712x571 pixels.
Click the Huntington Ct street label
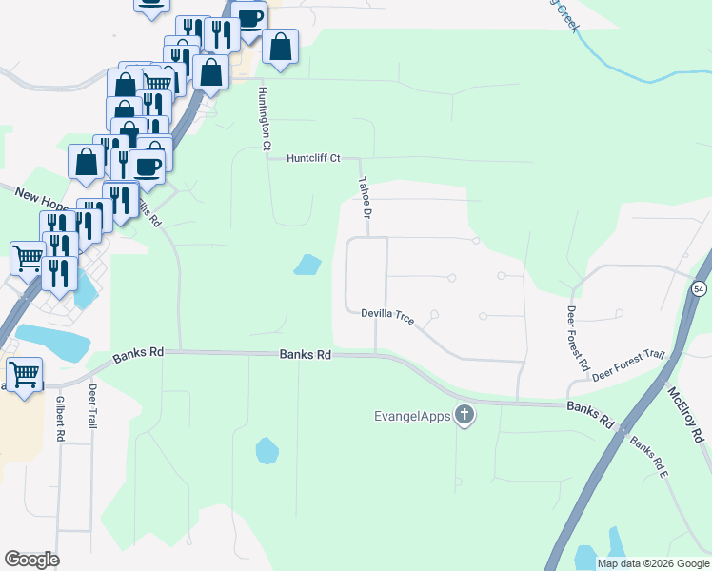(x=263, y=119)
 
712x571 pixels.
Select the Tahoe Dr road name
(x=362, y=197)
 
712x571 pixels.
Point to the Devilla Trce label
(x=387, y=316)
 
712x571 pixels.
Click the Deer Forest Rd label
(x=578, y=338)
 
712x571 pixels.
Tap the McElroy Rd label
(x=683, y=414)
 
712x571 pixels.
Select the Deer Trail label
(x=92, y=405)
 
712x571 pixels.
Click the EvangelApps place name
(x=410, y=415)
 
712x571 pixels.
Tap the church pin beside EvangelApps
(x=465, y=414)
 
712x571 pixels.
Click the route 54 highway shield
(x=700, y=288)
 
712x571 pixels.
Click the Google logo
(x=31, y=560)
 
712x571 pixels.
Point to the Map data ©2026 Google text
(x=653, y=563)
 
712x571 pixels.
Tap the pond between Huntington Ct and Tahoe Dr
(x=307, y=265)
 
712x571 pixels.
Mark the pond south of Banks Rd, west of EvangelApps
(x=267, y=449)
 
